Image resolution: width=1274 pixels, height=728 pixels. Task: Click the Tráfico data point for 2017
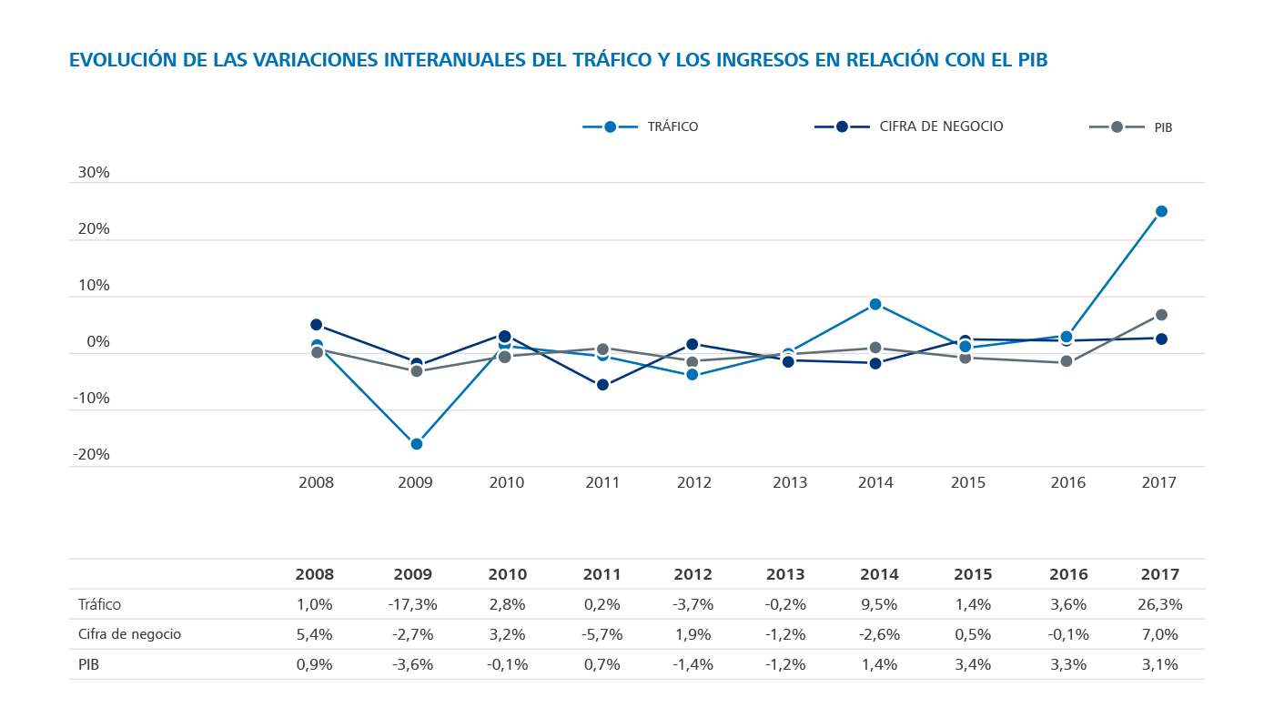pyautogui.click(x=1161, y=211)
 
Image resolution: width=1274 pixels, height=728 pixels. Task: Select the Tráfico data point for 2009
pyautogui.click(x=416, y=444)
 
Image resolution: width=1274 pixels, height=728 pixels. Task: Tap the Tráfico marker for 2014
pyautogui.click(x=875, y=304)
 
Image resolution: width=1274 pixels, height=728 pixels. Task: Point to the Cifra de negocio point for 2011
pyautogui.click(x=602, y=385)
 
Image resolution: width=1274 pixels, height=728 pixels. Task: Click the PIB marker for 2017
pyautogui.click(x=1161, y=315)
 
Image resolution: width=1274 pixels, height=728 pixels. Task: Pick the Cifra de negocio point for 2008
pyautogui.click(x=317, y=325)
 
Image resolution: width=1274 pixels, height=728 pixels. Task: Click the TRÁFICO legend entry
pyautogui.click(x=641, y=126)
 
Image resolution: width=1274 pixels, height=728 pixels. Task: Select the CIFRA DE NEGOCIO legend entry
pyautogui.click(x=909, y=126)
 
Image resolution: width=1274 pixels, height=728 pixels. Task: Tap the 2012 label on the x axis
pyautogui.click(x=693, y=482)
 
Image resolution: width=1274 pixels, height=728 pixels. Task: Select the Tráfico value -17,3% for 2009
pyautogui.click(x=415, y=604)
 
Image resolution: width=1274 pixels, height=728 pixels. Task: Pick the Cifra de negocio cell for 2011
pyautogui.click(x=602, y=634)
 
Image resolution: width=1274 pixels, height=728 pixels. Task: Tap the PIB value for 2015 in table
pyautogui.click(x=973, y=664)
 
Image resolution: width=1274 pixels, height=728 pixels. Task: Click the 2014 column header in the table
pyautogui.click(x=878, y=574)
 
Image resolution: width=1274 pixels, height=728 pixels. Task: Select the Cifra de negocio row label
pyautogui.click(x=129, y=634)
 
